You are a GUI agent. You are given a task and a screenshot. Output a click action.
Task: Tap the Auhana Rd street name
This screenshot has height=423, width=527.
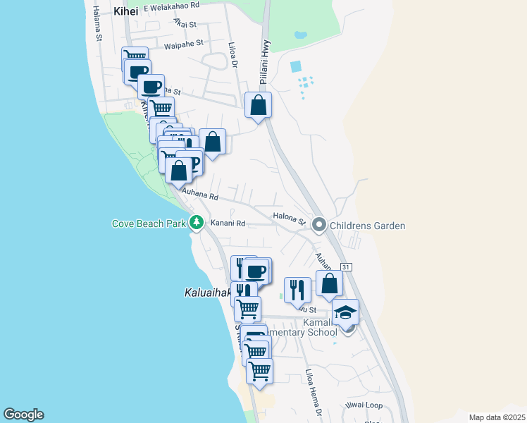tap(200, 191)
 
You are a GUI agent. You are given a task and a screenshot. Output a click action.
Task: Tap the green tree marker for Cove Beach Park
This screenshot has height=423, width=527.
tap(197, 223)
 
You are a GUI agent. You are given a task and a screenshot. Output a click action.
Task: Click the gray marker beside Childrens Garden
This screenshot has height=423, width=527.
tap(318, 226)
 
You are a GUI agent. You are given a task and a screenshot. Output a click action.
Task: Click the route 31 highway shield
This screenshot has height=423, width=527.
tap(345, 267)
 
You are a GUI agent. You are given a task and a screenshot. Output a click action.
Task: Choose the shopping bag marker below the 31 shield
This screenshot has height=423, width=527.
tap(329, 283)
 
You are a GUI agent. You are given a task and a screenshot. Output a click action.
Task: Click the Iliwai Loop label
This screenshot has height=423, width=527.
tap(364, 405)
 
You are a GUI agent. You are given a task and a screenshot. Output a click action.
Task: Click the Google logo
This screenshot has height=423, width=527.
tap(23, 415)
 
